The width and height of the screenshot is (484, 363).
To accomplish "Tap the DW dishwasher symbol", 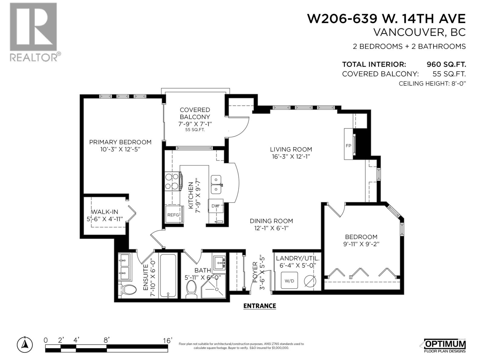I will pyautogui.click(x=215, y=206).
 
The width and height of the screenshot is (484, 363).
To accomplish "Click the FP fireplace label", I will pyautogui.click(x=348, y=146).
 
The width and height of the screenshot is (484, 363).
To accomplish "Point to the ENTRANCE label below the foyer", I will pyautogui.click(x=260, y=306).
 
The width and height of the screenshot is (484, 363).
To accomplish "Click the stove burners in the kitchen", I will pyautogui.click(x=172, y=181).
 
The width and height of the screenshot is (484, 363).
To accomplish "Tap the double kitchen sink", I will pyautogui.click(x=216, y=184).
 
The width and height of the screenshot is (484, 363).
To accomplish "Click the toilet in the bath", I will pyautogui.click(x=191, y=289).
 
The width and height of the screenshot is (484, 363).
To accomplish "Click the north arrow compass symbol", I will pyautogui.click(x=25, y=344).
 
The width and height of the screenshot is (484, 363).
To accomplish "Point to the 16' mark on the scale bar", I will pyautogui.click(x=167, y=340).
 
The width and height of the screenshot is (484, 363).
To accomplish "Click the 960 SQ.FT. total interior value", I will pyautogui.click(x=446, y=64).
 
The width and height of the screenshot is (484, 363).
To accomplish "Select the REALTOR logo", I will pyautogui.click(x=33, y=32).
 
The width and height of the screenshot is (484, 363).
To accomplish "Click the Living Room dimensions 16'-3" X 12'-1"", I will pyautogui.click(x=291, y=156).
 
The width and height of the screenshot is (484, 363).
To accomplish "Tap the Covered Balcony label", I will pyautogui.click(x=195, y=113).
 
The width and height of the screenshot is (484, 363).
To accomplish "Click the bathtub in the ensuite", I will pyautogui.click(x=168, y=276).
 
